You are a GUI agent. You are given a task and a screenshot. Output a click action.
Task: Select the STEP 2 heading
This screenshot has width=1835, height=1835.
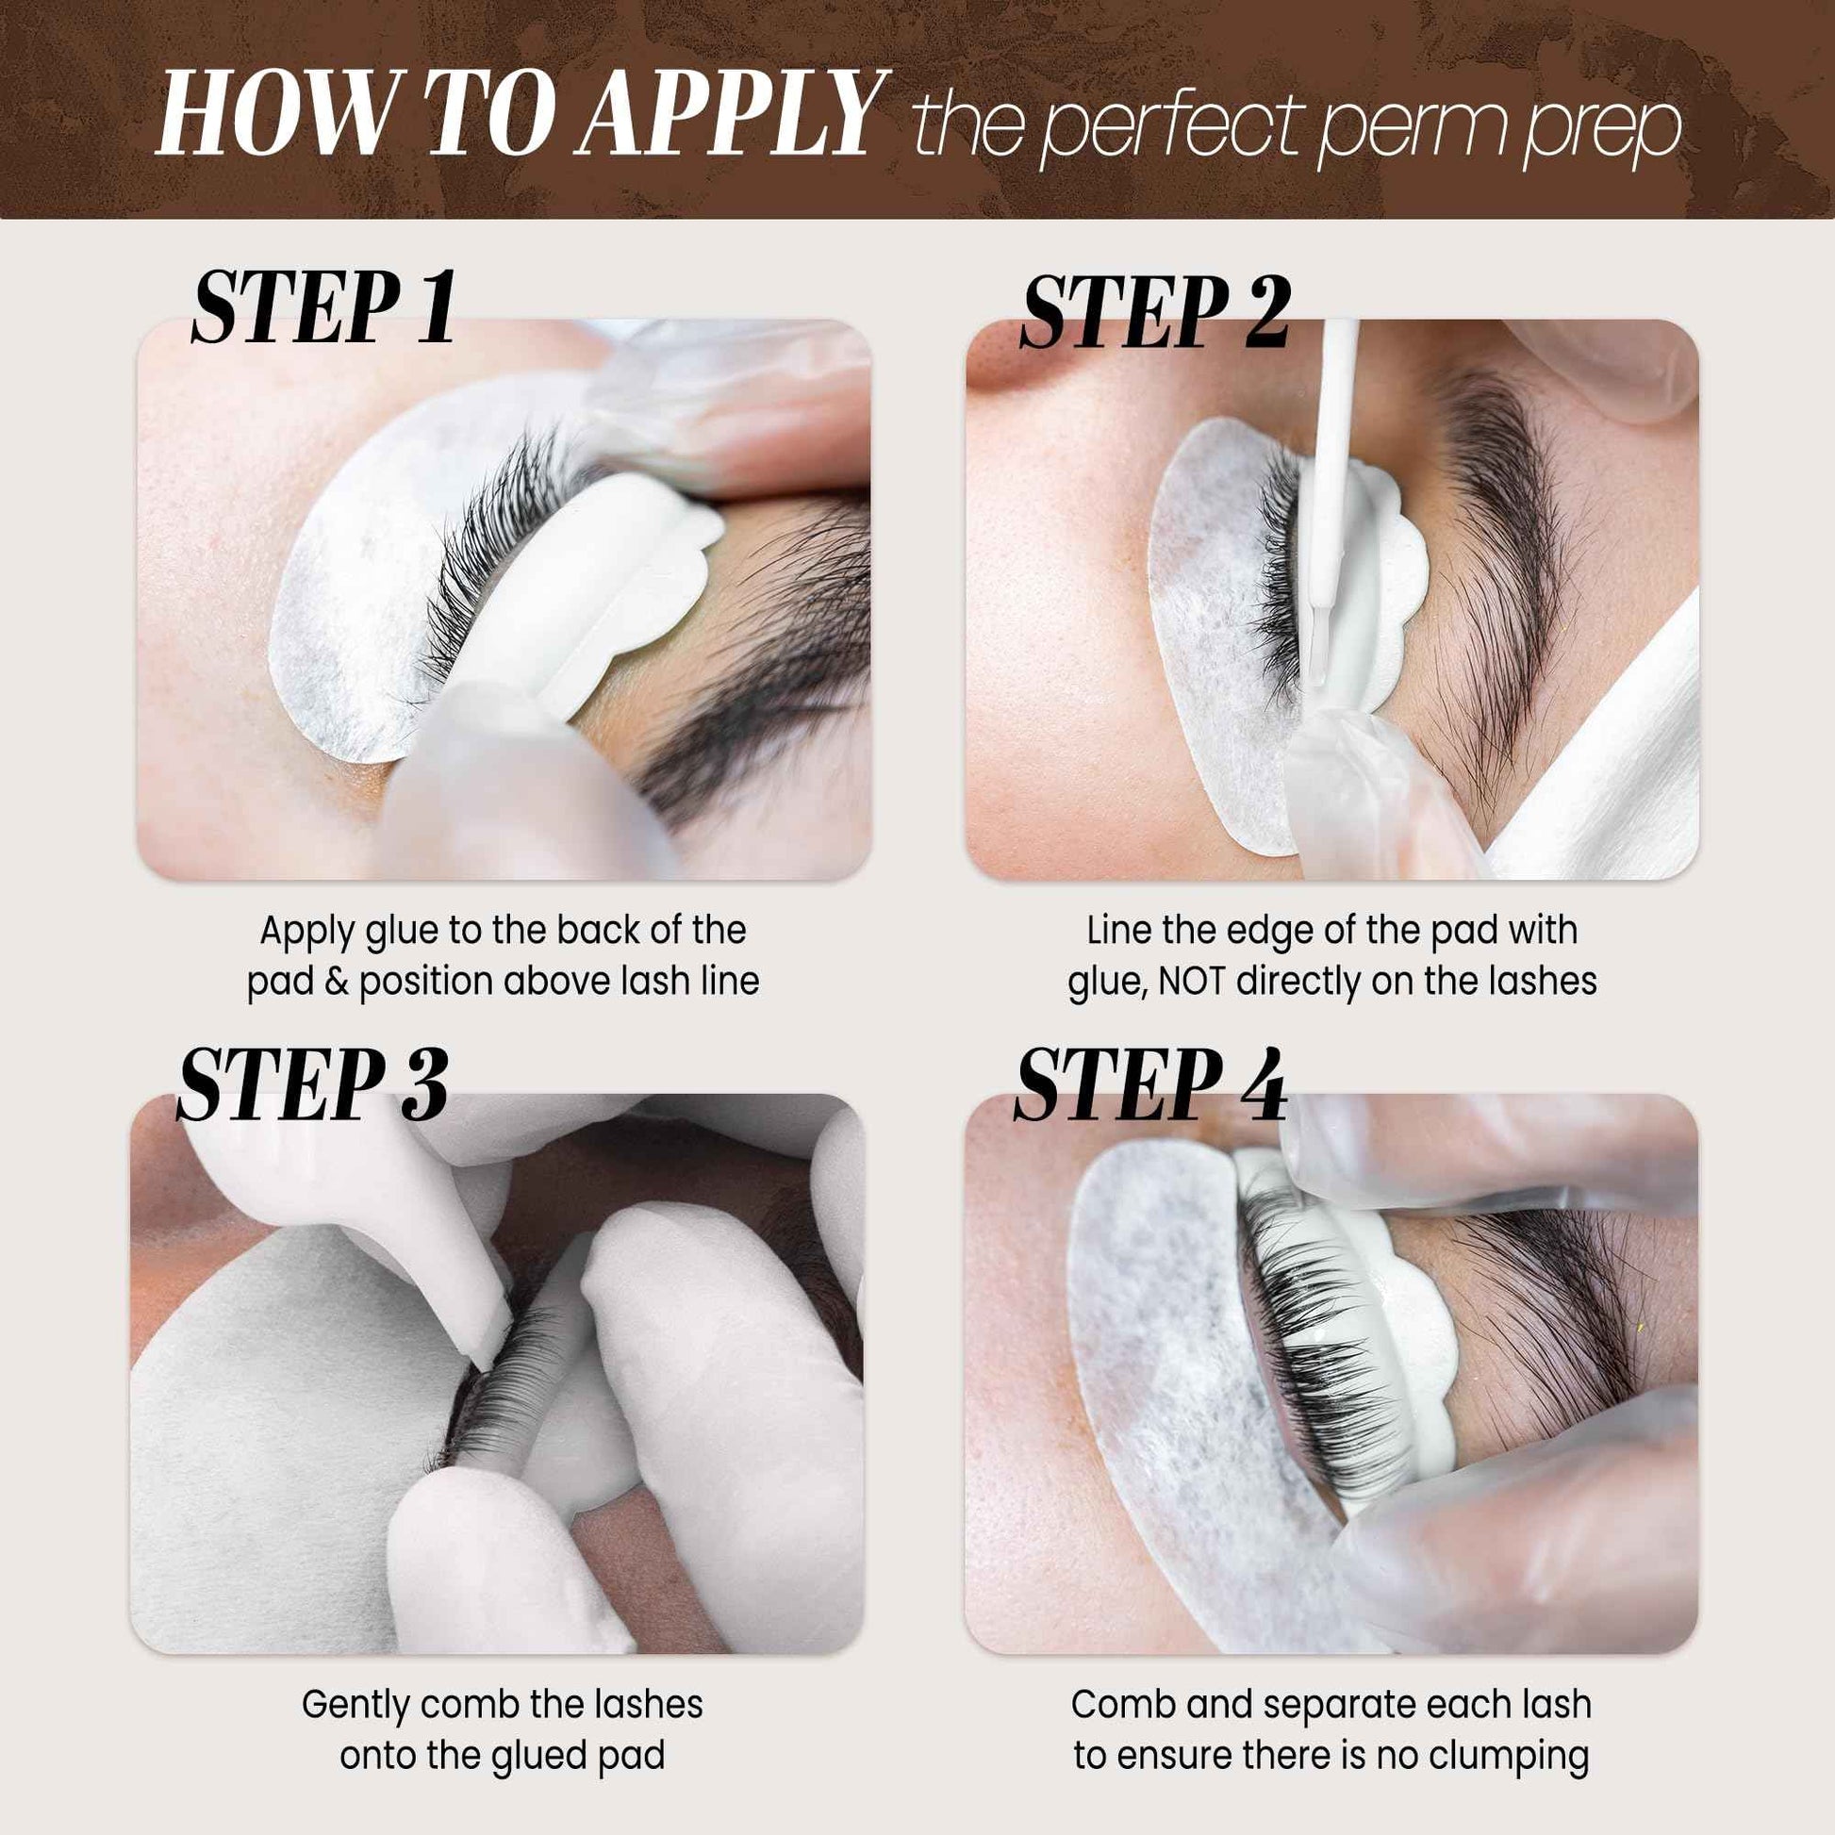pos(1155,313)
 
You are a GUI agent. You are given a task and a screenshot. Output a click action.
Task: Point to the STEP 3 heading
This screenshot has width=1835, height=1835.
pos(311,1085)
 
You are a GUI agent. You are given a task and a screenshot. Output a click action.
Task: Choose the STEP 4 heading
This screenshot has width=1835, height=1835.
pos(1150,1085)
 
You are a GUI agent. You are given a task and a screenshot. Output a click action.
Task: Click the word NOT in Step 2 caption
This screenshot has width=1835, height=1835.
pos(1192,980)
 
